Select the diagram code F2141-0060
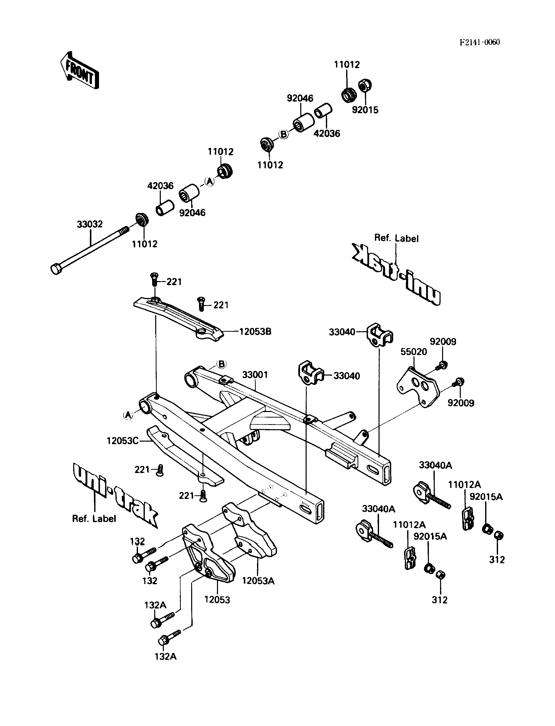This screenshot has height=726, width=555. point(480,42)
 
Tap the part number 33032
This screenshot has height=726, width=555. point(90,224)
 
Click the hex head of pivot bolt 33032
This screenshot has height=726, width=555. point(56,269)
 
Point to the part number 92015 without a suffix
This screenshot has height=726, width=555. point(365,110)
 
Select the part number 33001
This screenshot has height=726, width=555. point(255,375)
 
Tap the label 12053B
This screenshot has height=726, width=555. point(255,331)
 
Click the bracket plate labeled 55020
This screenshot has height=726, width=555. point(418,387)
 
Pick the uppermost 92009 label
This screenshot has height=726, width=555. point(443,342)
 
